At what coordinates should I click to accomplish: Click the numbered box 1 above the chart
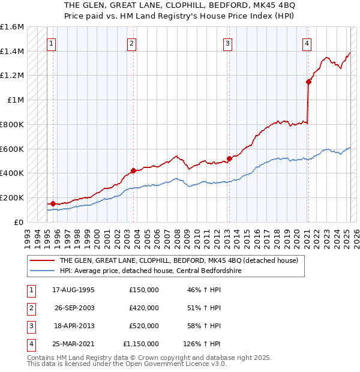click(x=52, y=43)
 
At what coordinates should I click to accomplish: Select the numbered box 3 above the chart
click(x=228, y=43)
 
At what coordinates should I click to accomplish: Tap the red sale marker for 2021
click(x=308, y=82)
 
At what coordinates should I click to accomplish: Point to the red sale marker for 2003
click(x=133, y=170)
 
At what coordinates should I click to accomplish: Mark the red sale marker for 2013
click(x=229, y=159)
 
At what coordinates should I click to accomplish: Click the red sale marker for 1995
click(x=52, y=203)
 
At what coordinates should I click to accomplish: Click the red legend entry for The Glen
click(x=174, y=260)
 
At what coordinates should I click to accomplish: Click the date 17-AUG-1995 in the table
click(x=73, y=290)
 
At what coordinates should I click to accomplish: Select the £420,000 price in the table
click(x=144, y=308)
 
